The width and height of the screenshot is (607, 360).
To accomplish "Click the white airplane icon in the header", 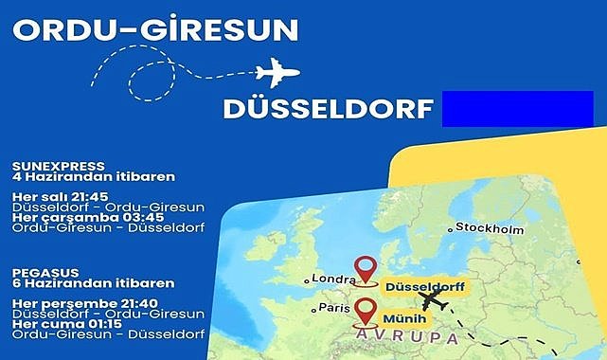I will [x=277, y=73].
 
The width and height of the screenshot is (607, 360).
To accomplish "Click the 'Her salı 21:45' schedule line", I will [x=59, y=196].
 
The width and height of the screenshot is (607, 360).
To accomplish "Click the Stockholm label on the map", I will [x=490, y=228].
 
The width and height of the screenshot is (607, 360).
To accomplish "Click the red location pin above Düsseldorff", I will [x=364, y=270].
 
